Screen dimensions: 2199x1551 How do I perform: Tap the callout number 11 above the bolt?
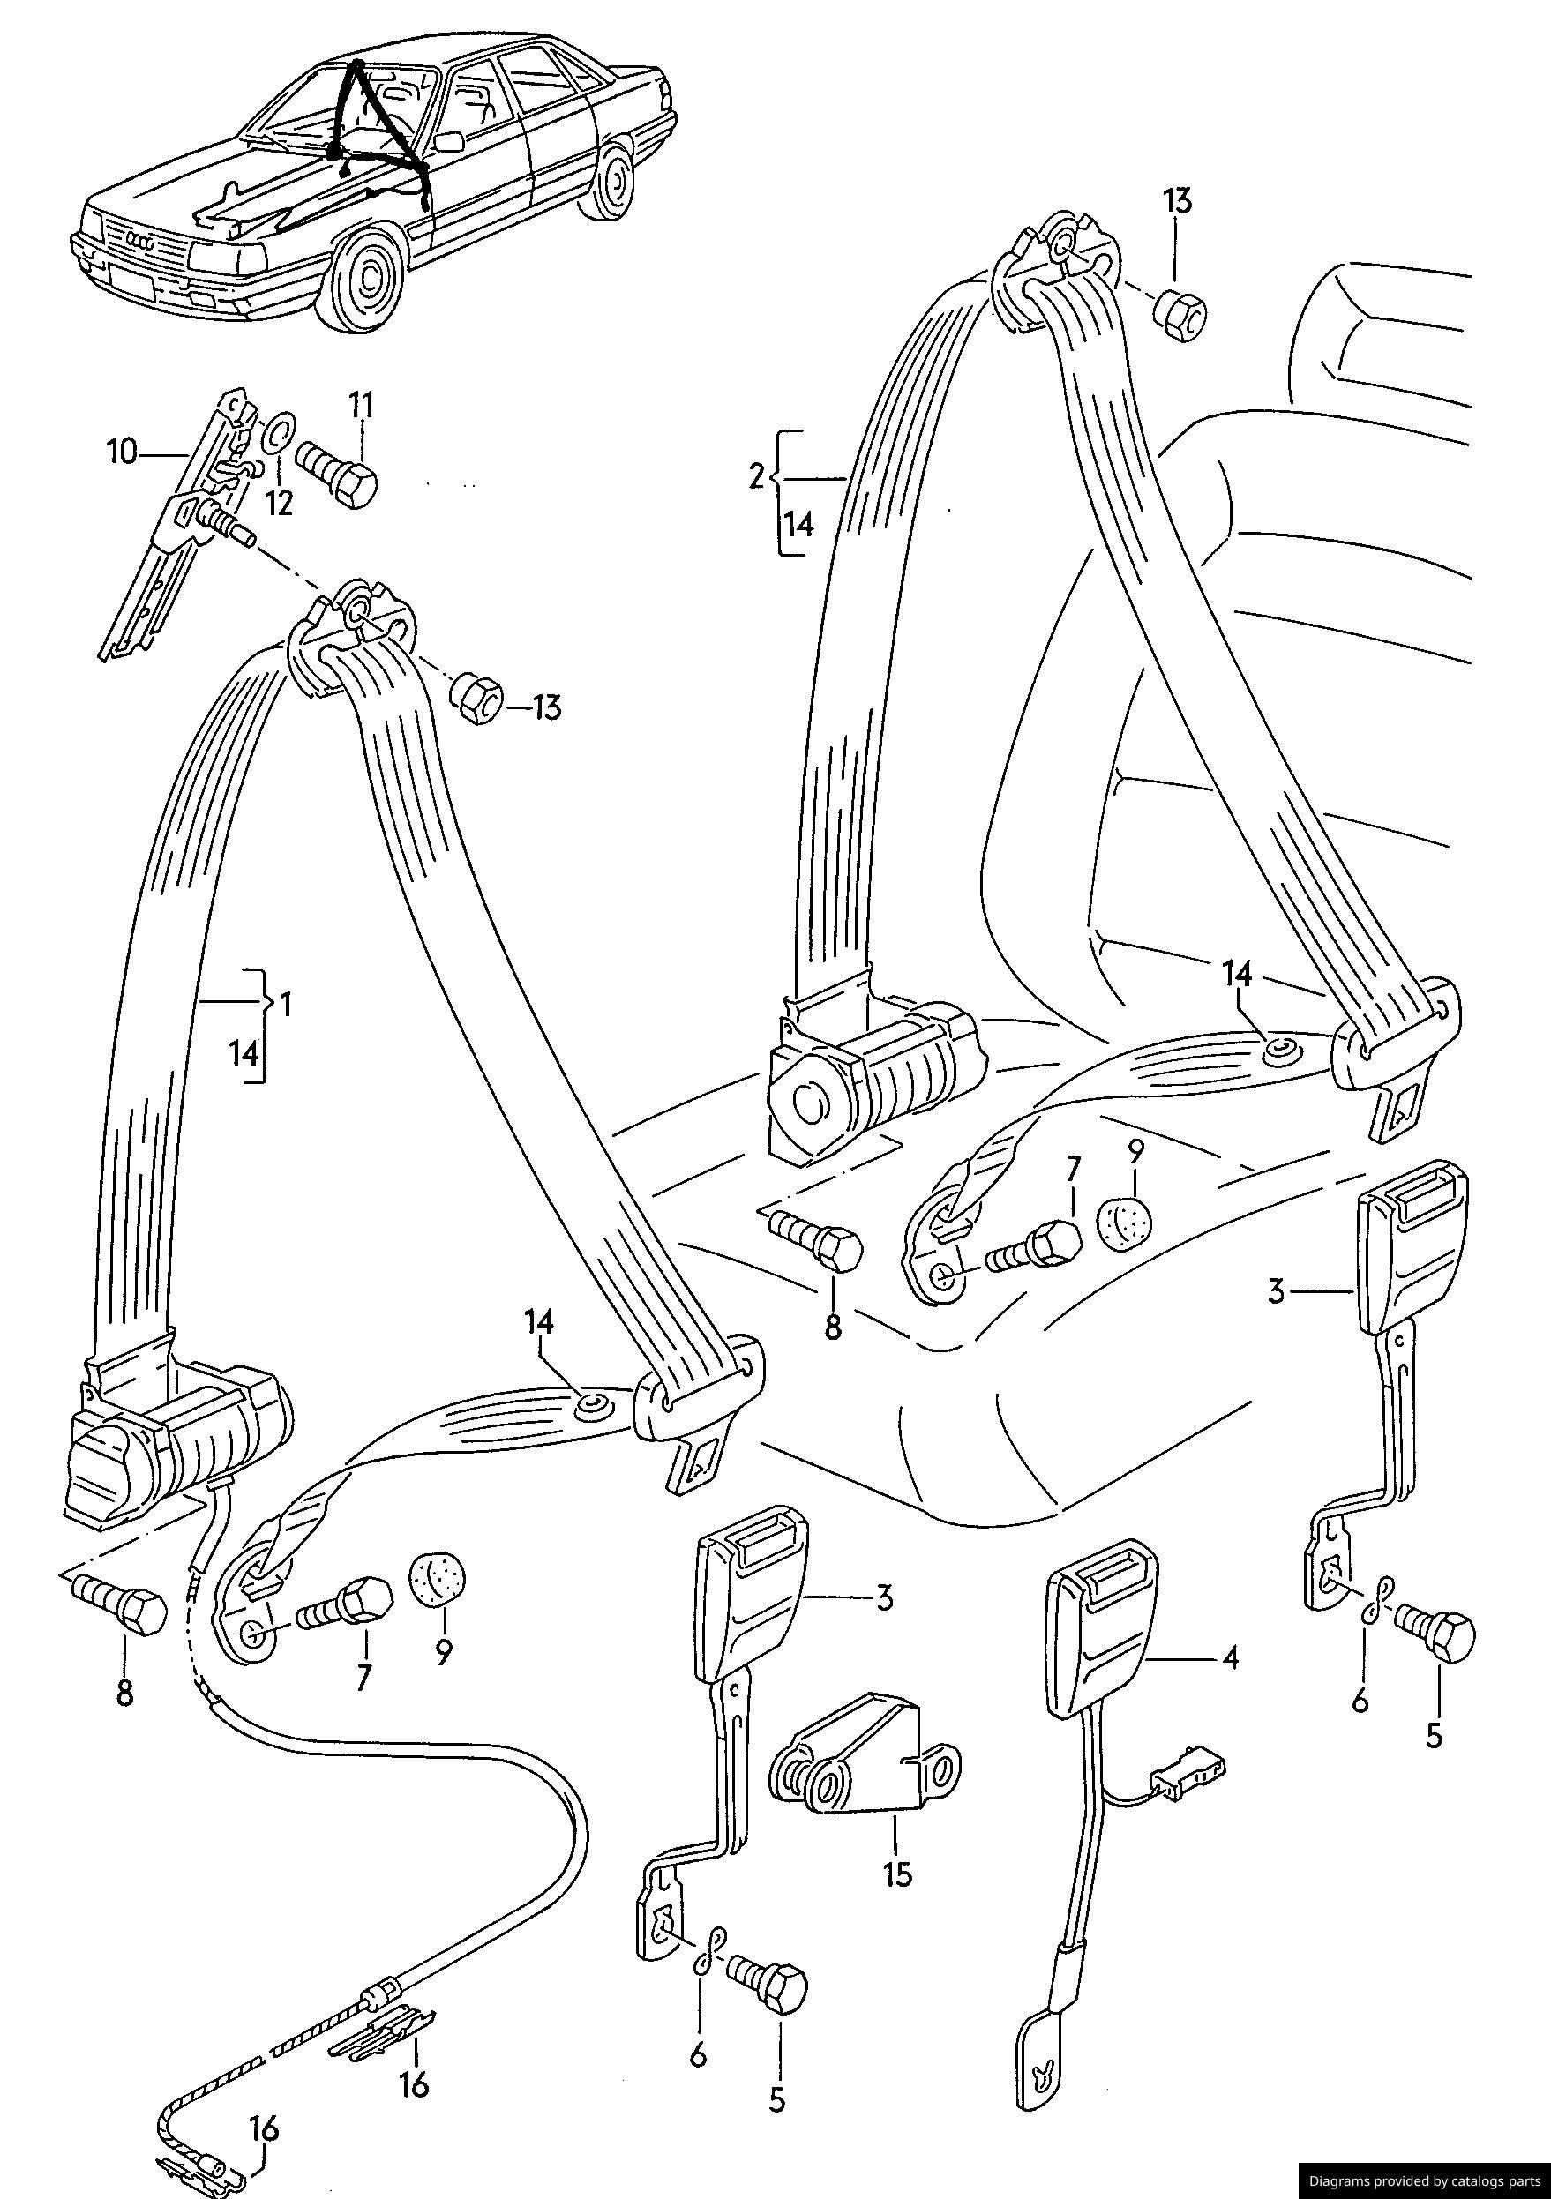tap(361, 406)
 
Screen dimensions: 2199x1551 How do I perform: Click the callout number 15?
tap(897, 1873)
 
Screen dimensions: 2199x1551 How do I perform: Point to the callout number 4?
tap(1230, 1658)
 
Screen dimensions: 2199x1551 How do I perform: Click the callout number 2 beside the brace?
tap(757, 476)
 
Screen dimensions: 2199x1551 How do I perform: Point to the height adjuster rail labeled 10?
tap(163, 536)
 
